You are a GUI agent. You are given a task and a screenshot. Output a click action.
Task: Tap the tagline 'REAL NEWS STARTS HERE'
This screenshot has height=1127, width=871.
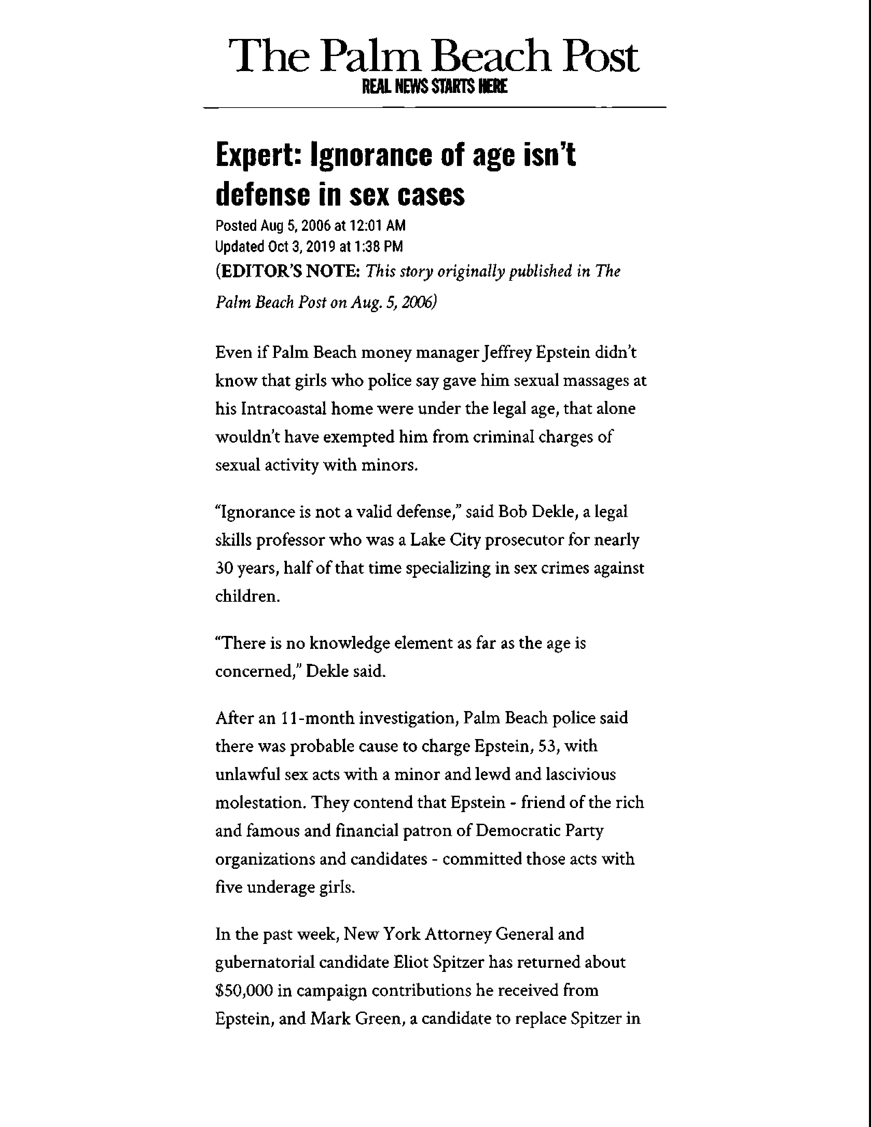click(434, 86)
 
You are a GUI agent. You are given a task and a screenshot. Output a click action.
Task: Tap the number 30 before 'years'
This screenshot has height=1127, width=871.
click(225, 568)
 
